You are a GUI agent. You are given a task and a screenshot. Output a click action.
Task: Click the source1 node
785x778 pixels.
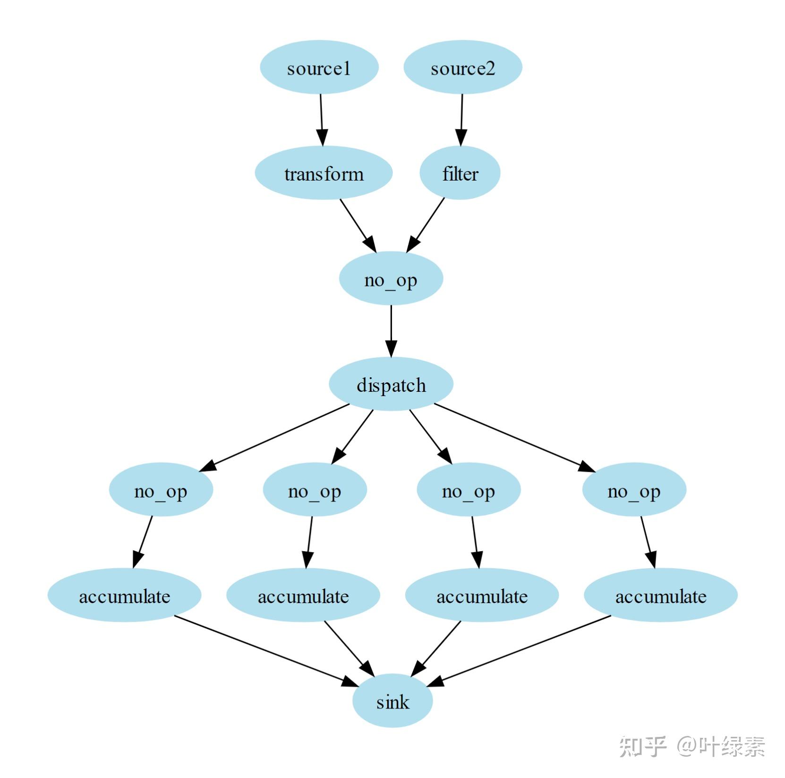(x=319, y=68)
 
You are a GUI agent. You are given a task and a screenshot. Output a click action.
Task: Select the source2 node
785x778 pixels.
(x=462, y=68)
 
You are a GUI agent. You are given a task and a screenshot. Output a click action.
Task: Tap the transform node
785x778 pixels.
(x=324, y=173)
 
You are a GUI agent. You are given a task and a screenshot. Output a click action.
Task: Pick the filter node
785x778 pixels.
(x=460, y=173)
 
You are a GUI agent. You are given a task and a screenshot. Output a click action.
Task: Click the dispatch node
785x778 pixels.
(x=391, y=384)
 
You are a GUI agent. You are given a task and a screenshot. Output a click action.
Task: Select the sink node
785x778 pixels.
(x=392, y=701)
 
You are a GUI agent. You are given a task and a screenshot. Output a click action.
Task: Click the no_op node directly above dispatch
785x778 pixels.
(x=391, y=279)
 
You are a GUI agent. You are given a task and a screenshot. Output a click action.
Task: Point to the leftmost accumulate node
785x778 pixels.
(x=125, y=596)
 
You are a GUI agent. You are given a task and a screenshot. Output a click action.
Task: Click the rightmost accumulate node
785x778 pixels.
(x=661, y=596)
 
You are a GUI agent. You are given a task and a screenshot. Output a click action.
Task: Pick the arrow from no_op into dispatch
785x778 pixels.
(x=391, y=331)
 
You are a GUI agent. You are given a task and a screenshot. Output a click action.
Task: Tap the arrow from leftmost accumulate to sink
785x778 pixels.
(x=265, y=650)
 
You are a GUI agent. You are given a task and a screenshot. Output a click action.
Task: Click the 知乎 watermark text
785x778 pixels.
(x=642, y=746)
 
